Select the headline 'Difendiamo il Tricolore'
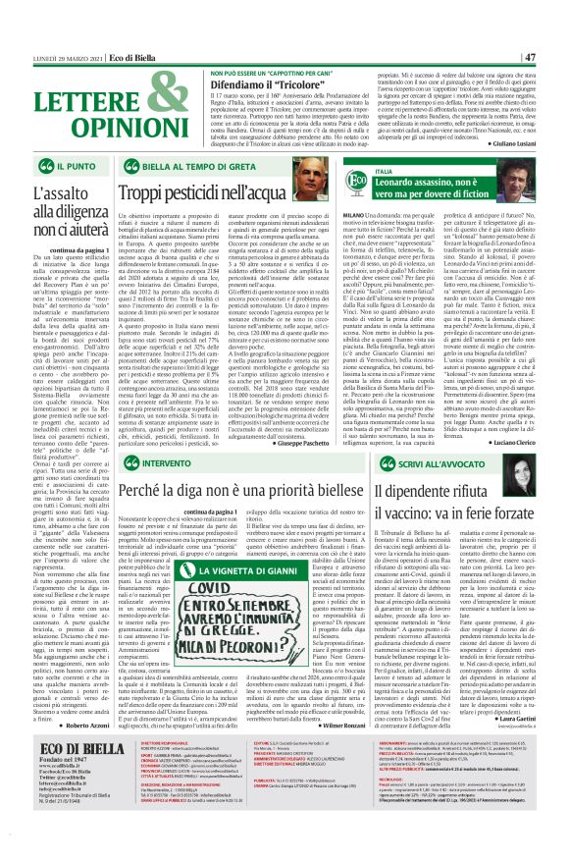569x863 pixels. [x=228, y=84]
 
